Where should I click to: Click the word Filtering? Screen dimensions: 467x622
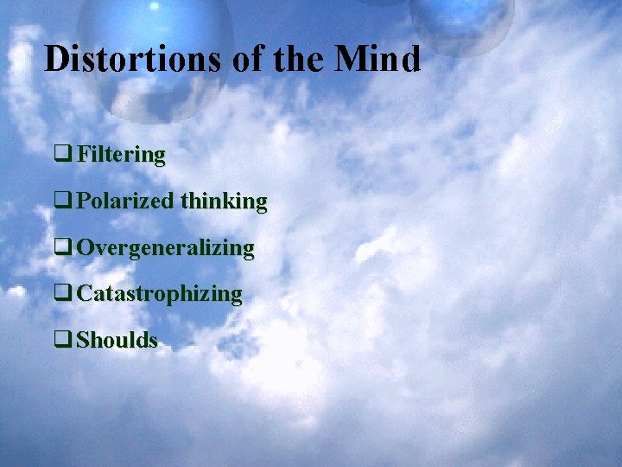click(x=120, y=155)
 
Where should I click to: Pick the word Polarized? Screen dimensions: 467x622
click(x=125, y=202)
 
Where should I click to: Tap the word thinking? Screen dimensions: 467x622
click(x=224, y=202)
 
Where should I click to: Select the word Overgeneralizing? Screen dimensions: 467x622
click(x=165, y=248)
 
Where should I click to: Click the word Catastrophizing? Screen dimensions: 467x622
click(x=159, y=294)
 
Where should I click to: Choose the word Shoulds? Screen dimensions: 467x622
click(x=117, y=340)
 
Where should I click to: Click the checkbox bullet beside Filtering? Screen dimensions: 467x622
click(x=62, y=156)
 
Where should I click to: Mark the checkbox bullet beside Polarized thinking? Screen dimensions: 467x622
click(x=62, y=202)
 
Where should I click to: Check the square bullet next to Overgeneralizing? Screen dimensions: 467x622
click(x=62, y=248)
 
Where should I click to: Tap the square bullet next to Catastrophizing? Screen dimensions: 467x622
click(x=62, y=294)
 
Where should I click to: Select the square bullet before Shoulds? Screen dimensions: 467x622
click(x=62, y=340)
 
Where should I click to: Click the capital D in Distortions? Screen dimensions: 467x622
click(x=56, y=59)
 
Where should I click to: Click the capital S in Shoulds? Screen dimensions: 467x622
click(x=82, y=340)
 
